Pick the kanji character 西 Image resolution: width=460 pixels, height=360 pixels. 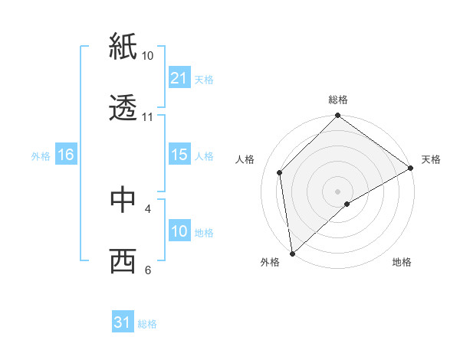click(x=123, y=261)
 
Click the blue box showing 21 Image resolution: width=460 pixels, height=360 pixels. click(x=179, y=78)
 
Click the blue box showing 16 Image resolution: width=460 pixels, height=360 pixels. click(x=66, y=155)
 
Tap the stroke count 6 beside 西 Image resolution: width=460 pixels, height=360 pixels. click(x=147, y=270)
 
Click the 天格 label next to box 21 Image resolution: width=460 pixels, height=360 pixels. click(x=204, y=79)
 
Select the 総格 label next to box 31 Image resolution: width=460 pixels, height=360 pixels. click(x=147, y=324)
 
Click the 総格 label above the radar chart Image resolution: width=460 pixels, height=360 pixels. click(x=337, y=100)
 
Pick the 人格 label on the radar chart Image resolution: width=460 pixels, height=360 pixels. click(x=245, y=159)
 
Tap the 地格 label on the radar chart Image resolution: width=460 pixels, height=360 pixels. click(x=402, y=263)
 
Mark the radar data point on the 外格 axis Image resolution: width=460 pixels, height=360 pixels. click(x=292, y=253)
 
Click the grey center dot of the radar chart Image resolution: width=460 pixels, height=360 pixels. click(x=337, y=191)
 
